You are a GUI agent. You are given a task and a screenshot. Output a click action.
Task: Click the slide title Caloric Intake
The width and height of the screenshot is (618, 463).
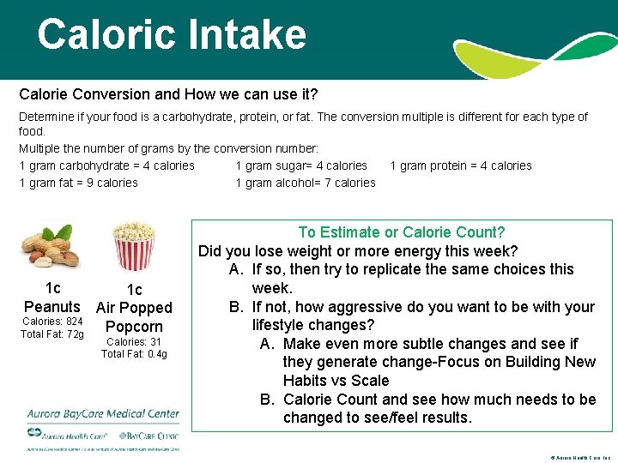coord(171,35)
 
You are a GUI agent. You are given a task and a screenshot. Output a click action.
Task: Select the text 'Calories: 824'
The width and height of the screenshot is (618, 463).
coord(52,322)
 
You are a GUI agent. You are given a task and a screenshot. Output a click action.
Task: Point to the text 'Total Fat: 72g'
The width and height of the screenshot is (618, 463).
coord(52,334)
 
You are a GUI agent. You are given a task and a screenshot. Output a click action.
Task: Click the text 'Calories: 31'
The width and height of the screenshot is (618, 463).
coord(133,341)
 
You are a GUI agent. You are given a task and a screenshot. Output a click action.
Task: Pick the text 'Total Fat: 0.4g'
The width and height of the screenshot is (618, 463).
coord(133,354)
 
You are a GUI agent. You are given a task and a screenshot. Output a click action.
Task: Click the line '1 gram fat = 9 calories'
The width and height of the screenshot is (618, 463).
coord(78,183)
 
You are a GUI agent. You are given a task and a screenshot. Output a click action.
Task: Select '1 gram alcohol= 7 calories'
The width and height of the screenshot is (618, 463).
coord(305,183)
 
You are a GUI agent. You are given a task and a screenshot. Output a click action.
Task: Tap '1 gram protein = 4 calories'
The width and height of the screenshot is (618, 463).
coord(460,165)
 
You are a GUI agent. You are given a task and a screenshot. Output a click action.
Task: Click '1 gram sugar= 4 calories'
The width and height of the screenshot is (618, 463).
coord(300,165)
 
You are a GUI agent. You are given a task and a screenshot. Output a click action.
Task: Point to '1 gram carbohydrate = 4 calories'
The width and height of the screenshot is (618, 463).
coord(106,165)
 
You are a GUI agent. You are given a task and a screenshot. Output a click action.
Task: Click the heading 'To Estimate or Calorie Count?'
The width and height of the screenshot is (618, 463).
coord(401,232)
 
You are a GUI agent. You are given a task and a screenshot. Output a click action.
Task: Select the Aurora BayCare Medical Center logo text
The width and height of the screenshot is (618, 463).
coord(103,413)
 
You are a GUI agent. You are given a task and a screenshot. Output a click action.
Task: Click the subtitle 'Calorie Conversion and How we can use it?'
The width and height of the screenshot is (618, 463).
coord(168,93)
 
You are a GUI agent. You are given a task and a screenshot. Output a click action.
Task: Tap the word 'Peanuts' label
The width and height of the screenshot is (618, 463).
coord(52,306)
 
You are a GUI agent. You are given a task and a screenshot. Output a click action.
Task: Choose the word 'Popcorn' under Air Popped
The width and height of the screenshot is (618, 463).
coord(133,326)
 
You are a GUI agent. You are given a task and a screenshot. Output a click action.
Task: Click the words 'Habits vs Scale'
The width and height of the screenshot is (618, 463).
coord(336,381)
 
